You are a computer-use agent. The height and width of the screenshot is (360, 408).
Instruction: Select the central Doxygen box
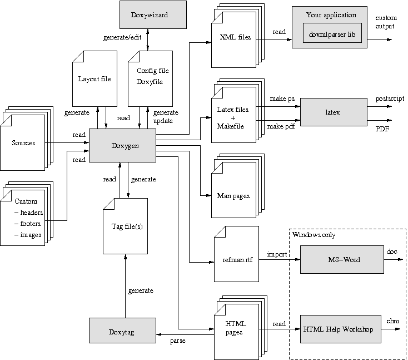point(122,146)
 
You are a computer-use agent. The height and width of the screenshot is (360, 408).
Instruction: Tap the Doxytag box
point(122,332)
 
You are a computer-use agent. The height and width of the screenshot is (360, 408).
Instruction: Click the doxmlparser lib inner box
point(332,34)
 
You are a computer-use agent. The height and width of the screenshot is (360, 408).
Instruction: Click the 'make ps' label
point(282,98)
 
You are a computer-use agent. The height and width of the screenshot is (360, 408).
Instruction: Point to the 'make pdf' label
point(281,127)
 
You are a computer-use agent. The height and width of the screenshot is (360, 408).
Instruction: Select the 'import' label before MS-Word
point(276,254)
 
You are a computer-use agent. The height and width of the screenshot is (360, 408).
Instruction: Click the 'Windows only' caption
point(314,235)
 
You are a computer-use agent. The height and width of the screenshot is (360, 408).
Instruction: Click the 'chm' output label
point(392,321)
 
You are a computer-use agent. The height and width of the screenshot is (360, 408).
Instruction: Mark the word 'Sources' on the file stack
point(23,143)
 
